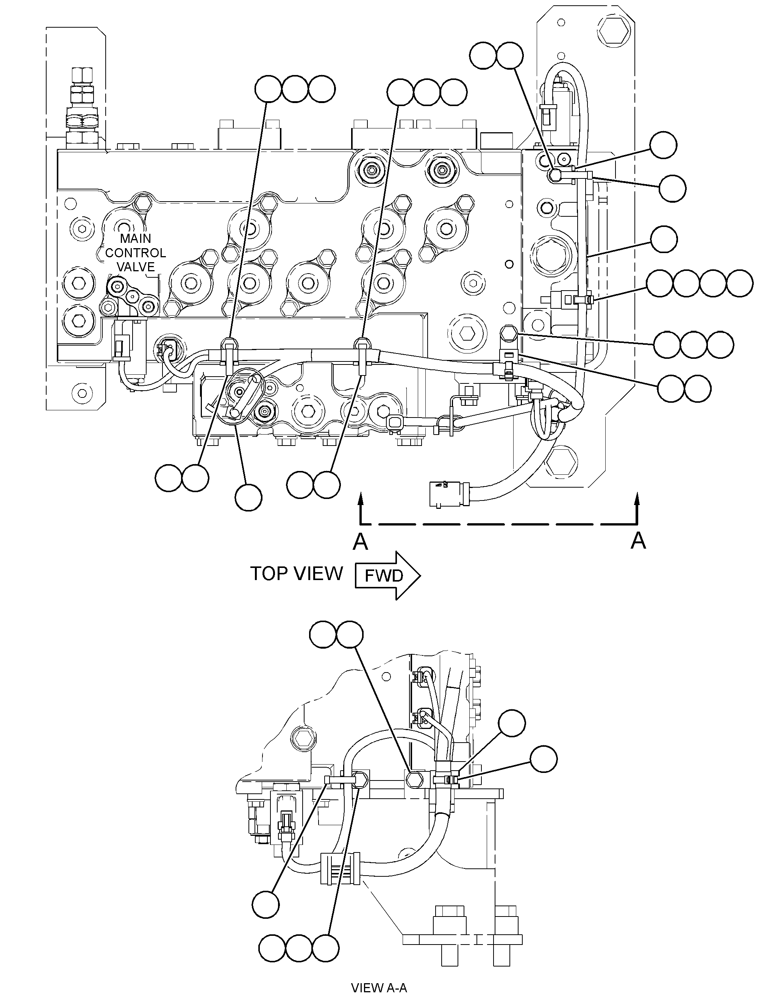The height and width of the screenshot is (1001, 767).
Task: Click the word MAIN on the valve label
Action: pos(135,238)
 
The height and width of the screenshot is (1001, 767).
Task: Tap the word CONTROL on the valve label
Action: pos(136,253)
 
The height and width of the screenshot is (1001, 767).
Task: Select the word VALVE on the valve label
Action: pos(136,267)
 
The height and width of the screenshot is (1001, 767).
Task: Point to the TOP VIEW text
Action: pos(296,574)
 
